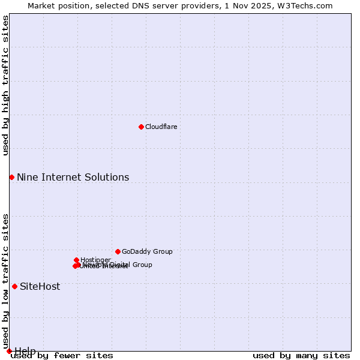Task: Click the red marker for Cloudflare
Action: (141, 127)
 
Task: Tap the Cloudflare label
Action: (161, 127)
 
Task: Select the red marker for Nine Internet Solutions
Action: (11, 177)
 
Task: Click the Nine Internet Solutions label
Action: (73, 177)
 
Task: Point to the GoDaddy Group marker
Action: (118, 251)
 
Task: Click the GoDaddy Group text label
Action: (147, 251)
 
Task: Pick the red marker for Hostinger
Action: (77, 260)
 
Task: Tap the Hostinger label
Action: (95, 260)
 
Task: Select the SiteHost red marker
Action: (14, 286)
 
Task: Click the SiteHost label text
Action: (40, 286)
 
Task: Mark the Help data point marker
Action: (9, 351)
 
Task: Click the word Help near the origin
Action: (25, 350)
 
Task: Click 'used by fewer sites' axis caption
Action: (62, 355)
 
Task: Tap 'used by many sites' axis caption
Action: (301, 355)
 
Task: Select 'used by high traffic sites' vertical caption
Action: (5, 85)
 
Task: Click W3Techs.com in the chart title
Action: (308, 5)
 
